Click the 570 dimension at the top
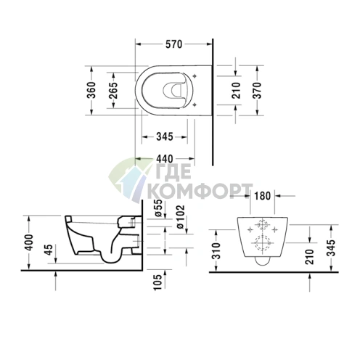173,44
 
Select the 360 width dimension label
91,90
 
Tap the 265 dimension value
113,90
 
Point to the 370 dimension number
258,90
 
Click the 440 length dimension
165,159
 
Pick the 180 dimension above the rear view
262,196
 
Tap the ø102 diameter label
180,216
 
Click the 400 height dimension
29,242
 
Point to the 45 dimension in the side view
49,250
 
